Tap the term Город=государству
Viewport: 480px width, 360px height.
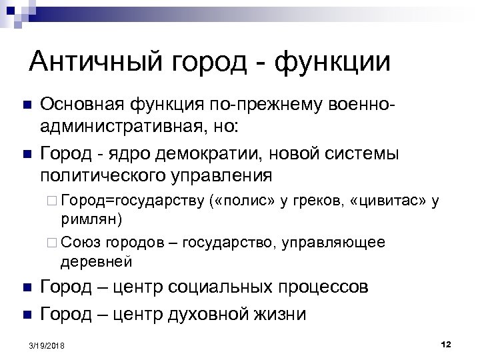pos(130,202)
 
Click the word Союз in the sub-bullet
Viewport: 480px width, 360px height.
pos(79,242)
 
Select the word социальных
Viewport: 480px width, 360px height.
pos(213,287)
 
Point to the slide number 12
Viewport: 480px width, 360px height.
pos(446,343)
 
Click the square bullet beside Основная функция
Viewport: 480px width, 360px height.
pos(26,105)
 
